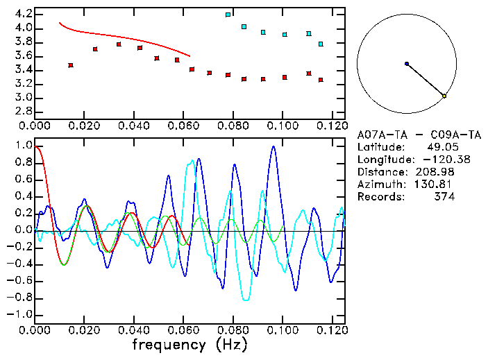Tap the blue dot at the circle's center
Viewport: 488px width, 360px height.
(407, 64)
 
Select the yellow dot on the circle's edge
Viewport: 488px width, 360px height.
(444, 96)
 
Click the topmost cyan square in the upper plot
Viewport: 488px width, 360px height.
(228, 15)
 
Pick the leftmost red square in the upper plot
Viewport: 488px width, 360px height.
(71, 65)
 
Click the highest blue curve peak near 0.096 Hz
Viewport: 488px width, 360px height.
(274, 146)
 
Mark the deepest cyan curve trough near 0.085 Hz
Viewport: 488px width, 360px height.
(245, 300)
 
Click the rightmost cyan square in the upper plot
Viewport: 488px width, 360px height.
(321, 44)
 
